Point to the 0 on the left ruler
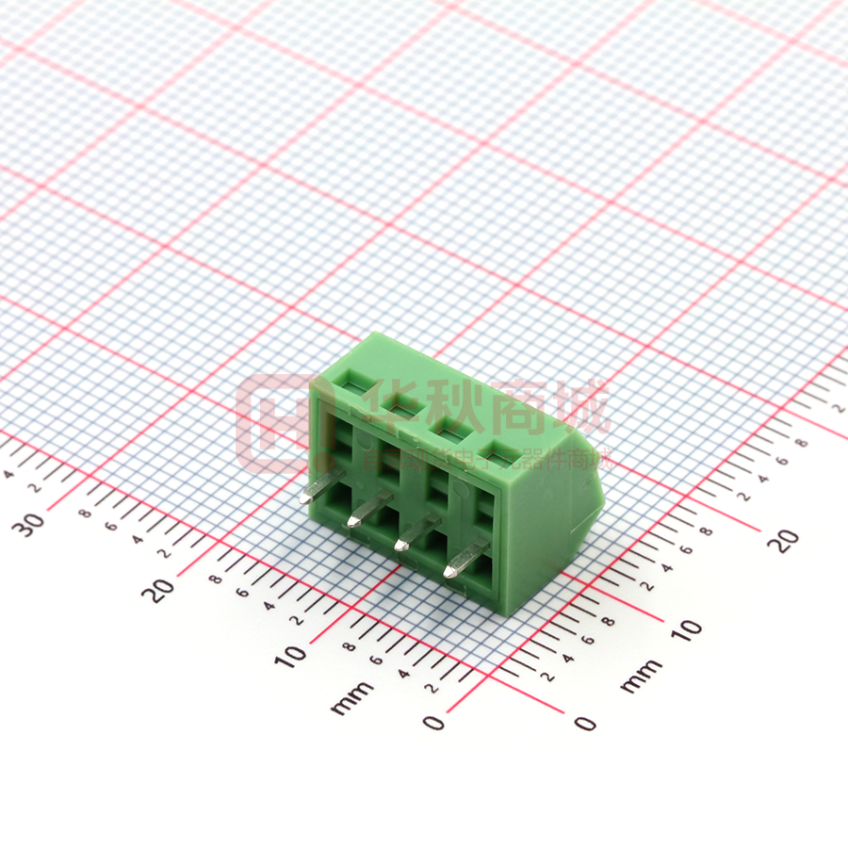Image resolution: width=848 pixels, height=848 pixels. click(x=432, y=723)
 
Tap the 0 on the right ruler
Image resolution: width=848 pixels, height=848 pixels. click(x=585, y=723)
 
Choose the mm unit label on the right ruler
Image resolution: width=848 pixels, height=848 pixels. click(x=641, y=676)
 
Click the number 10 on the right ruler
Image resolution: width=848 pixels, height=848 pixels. click(x=687, y=628)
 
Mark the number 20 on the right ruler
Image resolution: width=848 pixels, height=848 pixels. click(x=784, y=540)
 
